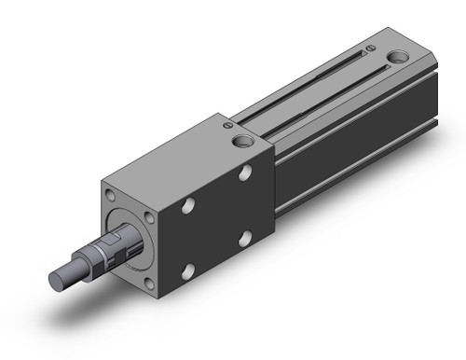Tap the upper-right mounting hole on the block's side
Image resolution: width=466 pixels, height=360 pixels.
[x=244, y=173]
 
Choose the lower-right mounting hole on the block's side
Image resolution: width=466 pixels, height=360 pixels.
[x=244, y=238]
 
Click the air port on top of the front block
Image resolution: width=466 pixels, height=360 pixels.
[x=245, y=142]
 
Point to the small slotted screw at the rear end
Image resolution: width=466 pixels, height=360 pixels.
[x=371, y=48]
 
